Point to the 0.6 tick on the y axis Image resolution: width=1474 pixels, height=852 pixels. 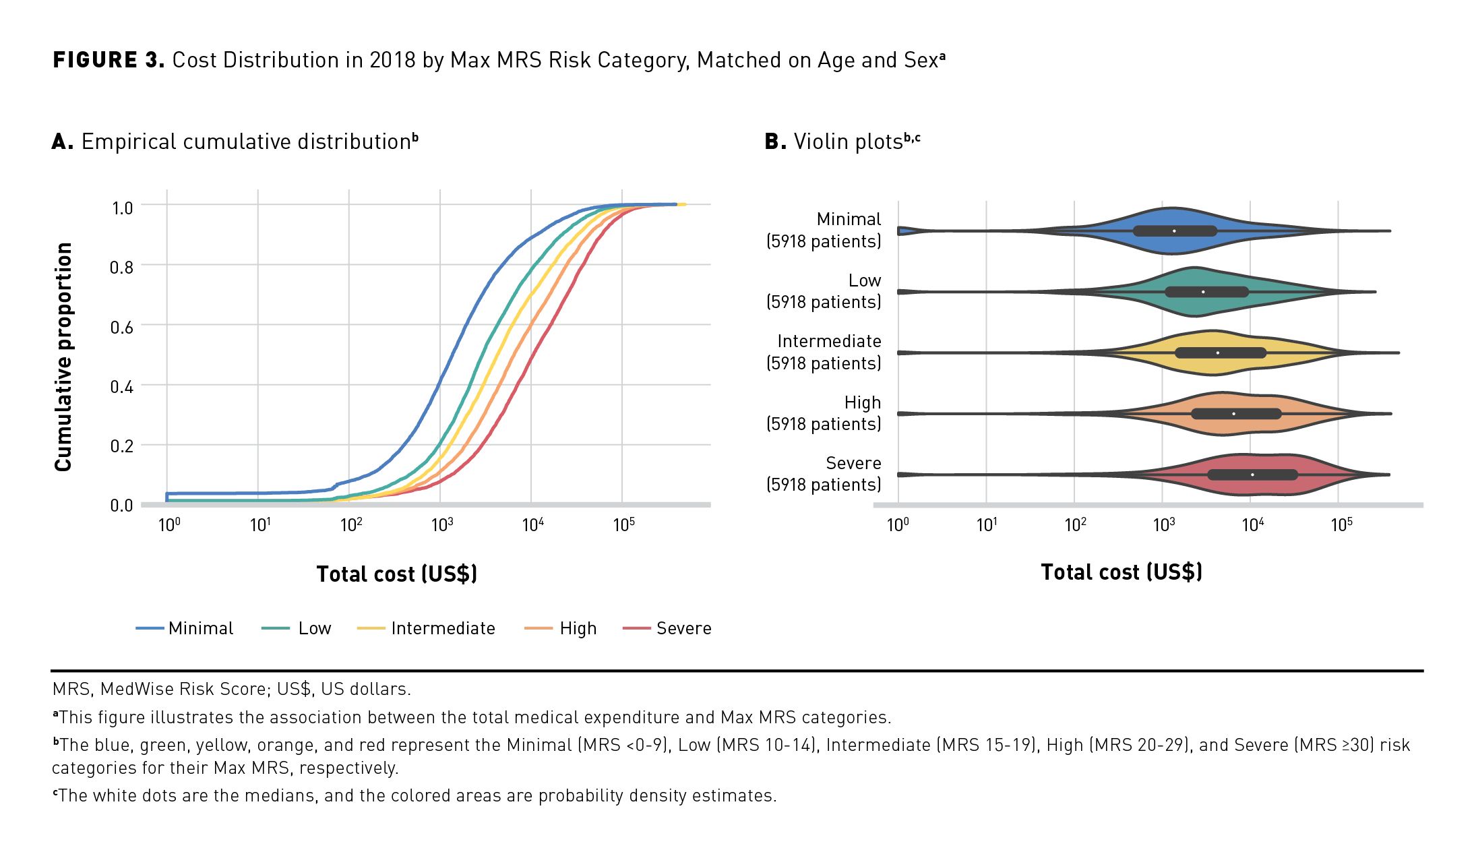point(122,328)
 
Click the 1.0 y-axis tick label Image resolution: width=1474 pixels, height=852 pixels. point(122,208)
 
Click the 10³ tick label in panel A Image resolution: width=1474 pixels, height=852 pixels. point(442,524)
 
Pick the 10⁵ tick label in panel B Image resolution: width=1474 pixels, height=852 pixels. point(1341,524)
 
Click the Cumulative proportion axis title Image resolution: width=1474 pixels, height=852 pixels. point(63,357)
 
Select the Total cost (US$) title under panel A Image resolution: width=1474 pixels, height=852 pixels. point(397,574)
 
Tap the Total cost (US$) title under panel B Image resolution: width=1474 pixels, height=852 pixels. point(1122,572)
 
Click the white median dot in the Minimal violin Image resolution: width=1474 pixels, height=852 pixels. point(1174,231)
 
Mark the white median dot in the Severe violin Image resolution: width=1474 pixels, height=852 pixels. point(1252,475)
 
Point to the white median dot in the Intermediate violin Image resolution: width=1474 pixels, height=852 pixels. point(1217,353)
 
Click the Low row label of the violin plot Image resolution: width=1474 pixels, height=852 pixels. point(864,280)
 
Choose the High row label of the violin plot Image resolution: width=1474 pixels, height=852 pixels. point(862,402)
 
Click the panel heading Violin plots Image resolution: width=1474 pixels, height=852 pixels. point(847,142)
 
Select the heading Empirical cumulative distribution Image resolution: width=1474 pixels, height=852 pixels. point(246,142)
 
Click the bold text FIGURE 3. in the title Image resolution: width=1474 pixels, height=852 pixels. point(109,60)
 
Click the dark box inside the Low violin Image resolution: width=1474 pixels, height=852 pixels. point(1206,292)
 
